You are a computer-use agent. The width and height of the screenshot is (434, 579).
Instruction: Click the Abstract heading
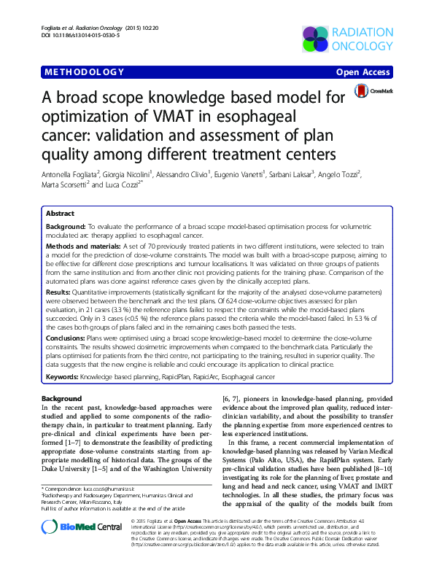tap(60, 214)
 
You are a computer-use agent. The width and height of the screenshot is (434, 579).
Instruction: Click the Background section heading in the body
tap(61, 399)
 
